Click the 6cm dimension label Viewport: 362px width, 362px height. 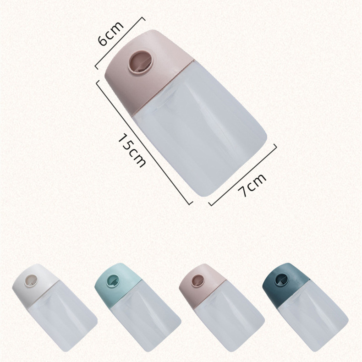click(x=110, y=34)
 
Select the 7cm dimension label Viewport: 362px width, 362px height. click(x=252, y=185)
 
